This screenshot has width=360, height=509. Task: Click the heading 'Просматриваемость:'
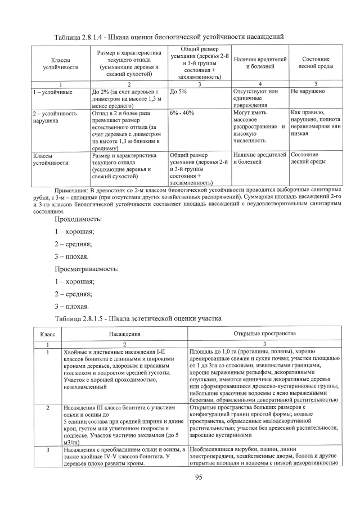86,269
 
